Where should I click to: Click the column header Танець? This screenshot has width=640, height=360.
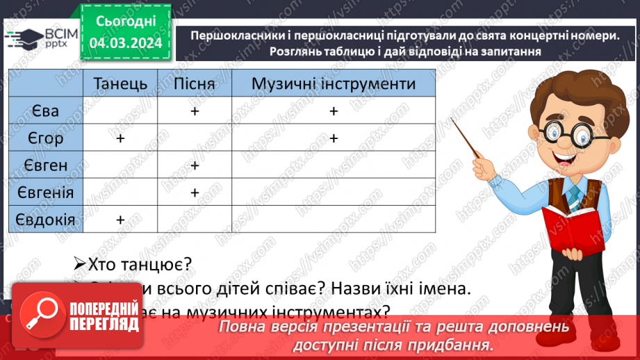[x=120, y=84]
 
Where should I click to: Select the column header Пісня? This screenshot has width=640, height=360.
[x=194, y=84]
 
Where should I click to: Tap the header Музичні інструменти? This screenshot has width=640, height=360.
[x=334, y=84]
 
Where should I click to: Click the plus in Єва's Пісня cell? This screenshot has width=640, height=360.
[x=195, y=111]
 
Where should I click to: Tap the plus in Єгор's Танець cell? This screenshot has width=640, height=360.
[x=120, y=138]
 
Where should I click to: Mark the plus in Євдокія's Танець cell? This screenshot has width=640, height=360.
[x=120, y=219]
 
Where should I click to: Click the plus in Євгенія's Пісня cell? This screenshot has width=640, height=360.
[x=195, y=193]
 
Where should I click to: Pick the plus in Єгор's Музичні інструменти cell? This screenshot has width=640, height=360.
[x=334, y=138]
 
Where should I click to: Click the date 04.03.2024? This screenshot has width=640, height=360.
[x=125, y=43]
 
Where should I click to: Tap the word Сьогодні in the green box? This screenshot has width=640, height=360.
[x=125, y=21]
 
